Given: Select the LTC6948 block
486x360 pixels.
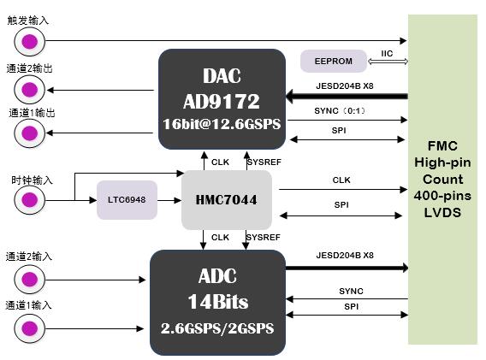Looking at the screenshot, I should click(127, 198).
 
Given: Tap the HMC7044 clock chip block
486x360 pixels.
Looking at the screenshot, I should click(226, 198).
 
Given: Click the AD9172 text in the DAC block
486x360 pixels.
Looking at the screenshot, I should click(222, 101).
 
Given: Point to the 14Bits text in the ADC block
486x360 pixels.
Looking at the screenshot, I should click(217, 301).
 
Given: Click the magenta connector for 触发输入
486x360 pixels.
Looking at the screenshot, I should click(30, 40).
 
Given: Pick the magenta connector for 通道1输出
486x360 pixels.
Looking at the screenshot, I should click(30, 133).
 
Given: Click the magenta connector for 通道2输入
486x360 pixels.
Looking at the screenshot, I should click(30, 279).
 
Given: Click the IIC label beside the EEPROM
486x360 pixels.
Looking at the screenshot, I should click(386, 53).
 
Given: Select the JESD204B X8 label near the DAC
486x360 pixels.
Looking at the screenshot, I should click(345, 86).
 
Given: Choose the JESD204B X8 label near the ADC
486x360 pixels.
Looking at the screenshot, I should click(345, 255).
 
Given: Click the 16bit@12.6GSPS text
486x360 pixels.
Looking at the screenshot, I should click(222, 123).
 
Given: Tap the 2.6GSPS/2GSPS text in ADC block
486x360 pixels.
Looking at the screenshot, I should click(217, 328).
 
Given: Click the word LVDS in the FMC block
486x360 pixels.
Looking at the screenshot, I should click(442, 212).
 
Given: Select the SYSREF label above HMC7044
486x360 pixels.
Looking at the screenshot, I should click(261, 160).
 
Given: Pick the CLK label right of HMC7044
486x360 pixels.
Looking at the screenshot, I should click(341, 180).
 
